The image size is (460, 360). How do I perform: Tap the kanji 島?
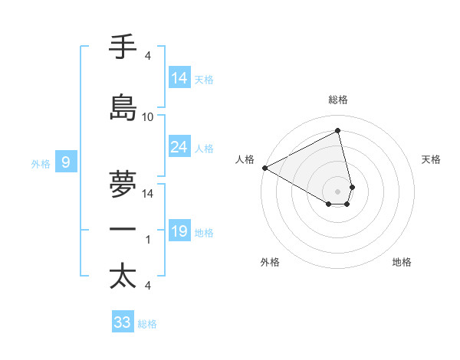tap(123, 108)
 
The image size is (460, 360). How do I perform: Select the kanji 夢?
tap(123, 185)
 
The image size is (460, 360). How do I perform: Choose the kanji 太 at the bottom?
tap(123, 276)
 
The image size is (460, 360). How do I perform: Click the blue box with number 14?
tap(179, 78)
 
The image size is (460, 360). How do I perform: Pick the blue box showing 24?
tap(179, 147)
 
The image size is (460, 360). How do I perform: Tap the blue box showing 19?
tap(179, 231)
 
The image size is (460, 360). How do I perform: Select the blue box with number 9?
tap(66, 162)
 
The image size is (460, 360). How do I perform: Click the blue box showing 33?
tap(123, 322)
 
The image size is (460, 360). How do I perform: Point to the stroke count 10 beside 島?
tap(148, 116)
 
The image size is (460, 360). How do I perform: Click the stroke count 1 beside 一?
tap(148, 240)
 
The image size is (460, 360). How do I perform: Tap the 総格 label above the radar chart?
tap(338, 100)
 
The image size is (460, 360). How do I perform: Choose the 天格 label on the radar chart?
tap(432, 159)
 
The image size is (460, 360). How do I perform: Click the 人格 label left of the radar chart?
tap(245, 159)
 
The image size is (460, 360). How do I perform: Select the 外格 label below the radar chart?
tap(270, 262)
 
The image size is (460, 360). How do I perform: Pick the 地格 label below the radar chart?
tap(402, 262)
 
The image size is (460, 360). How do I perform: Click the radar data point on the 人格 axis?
tap(264, 167)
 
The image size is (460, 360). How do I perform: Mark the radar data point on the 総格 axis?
tap(338, 131)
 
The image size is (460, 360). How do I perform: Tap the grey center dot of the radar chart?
tap(338, 190)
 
